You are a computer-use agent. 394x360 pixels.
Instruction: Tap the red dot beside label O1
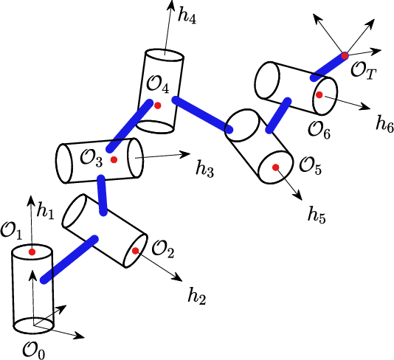pyautogui.click(x=32, y=253)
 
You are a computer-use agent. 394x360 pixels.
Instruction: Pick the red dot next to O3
pyautogui.click(x=114, y=159)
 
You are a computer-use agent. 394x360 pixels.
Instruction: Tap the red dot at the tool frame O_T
pyautogui.click(x=344, y=55)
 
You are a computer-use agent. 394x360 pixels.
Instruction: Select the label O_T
pyautogui.click(x=362, y=71)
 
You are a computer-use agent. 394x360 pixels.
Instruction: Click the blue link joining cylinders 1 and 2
pyautogui.click(x=69, y=259)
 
